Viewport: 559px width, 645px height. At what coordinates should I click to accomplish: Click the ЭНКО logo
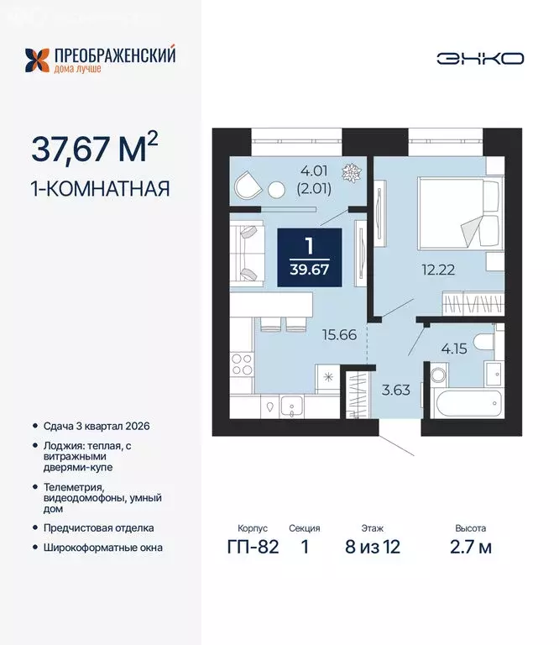480,59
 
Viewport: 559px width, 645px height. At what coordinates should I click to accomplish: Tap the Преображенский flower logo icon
37,60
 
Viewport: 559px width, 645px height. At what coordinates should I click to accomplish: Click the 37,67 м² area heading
95,148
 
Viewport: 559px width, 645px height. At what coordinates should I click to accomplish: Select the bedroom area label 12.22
438,270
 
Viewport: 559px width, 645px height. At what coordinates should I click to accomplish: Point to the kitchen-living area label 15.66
339,335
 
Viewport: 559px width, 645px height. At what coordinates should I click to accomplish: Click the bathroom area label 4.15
454,349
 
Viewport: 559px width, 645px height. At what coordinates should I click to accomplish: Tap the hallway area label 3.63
396,390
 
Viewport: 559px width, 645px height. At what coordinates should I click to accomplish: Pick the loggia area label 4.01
314,170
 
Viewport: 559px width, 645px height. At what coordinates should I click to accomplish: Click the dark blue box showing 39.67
310,257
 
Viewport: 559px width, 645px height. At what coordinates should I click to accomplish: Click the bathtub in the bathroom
466,403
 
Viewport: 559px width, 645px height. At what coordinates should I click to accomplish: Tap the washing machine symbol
437,375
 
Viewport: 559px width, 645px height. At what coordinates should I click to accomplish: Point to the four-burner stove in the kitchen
242,364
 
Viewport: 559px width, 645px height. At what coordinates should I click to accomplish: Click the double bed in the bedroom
460,213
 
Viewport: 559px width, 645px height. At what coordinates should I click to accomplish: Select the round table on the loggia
277,190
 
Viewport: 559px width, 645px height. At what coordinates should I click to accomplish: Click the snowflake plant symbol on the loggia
352,173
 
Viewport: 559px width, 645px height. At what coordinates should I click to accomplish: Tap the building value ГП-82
253,547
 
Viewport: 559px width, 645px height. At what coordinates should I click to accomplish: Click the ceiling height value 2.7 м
471,547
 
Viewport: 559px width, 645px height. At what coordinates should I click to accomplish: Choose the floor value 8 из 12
373,547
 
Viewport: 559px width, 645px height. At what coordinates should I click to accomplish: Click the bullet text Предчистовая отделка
99,527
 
